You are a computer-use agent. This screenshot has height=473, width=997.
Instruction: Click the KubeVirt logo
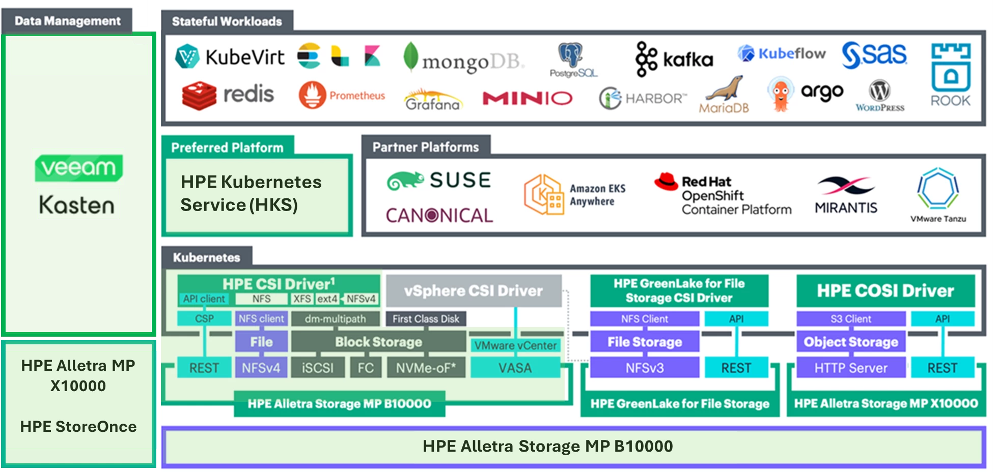coord(230,56)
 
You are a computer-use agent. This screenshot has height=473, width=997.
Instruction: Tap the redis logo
coord(228,95)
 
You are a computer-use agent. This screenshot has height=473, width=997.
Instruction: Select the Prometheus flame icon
coord(312,95)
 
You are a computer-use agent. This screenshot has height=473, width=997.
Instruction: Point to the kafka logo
coord(674,60)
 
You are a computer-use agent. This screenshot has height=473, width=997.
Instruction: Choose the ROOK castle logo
coord(950,74)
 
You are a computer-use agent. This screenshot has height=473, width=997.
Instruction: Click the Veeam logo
coord(78,167)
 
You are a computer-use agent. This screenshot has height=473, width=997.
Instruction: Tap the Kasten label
coord(77,204)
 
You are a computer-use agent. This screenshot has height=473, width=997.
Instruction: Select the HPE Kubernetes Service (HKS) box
coord(257,194)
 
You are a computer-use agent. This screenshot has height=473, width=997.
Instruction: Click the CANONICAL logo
coord(439,216)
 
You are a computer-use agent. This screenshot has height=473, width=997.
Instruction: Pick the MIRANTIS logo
coord(846,195)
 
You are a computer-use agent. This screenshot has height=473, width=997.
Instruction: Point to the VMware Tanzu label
coord(938,219)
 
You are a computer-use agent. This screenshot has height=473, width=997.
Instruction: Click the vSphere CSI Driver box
coord(474,291)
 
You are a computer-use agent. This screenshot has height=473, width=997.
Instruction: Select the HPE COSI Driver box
coord(885,291)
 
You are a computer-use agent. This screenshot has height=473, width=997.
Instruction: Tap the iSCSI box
coord(318,368)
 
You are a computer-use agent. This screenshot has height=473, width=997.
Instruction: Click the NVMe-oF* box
coord(426,368)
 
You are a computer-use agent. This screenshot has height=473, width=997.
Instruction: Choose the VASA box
coord(515,368)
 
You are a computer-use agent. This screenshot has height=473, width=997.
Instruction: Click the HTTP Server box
coord(850,368)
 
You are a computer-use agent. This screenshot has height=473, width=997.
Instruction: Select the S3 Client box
coord(850,319)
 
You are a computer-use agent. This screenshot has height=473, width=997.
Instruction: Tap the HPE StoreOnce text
coord(78,426)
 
